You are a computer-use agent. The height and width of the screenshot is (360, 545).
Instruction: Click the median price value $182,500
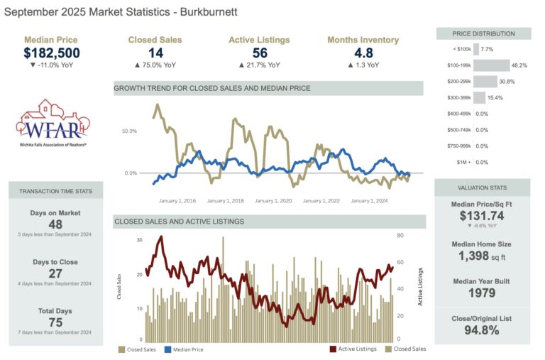click(x=51, y=53)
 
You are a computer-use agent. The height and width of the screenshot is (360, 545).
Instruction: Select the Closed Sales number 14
click(x=155, y=53)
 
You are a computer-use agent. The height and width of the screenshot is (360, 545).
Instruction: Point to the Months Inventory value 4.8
click(x=363, y=53)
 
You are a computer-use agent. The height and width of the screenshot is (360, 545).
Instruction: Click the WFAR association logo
click(x=51, y=126)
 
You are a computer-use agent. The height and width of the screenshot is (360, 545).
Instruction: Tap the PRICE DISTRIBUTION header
click(x=483, y=33)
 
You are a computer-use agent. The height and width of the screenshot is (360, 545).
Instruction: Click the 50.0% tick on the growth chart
click(x=129, y=131)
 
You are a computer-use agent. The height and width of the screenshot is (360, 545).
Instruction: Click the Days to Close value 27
click(x=55, y=273)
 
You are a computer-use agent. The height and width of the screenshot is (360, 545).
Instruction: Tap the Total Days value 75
click(x=55, y=322)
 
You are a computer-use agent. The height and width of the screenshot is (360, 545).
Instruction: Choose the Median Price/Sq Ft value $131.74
click(x=482, y=216)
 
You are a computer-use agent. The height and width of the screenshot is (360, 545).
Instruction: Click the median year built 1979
click(x=482, y=292)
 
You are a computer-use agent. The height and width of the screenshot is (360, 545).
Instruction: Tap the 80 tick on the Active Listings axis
click(x=401, y=235)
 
